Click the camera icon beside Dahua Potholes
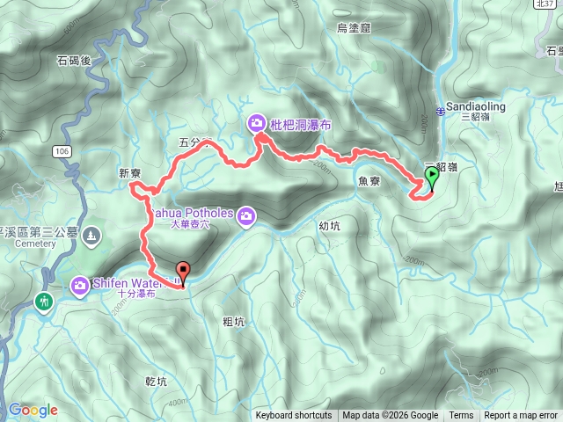point(247,215)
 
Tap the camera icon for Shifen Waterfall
point(80,284)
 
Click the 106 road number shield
point(61,151)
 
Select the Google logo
point(33,410)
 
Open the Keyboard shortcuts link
point(294,416)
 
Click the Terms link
point(461,416)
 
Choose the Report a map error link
point(521,416)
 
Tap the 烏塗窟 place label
point(354,29)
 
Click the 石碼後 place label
point(74,61)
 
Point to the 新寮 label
point(129,174)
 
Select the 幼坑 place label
point(329,225)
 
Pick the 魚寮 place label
point(369,181)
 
